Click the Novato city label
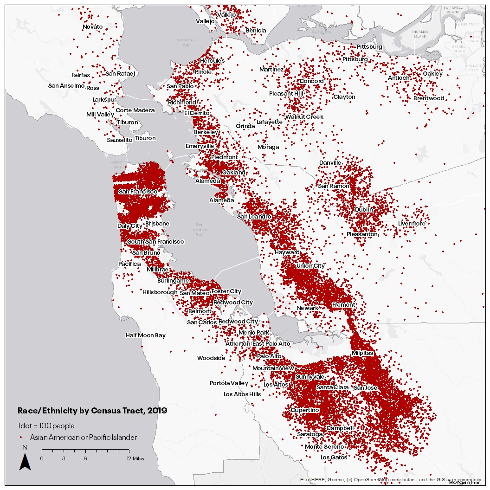click(92, 27)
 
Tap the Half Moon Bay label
click(145, 335)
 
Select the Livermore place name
click(412, 224)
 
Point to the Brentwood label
click(429, 98)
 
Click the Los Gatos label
click(334, 458)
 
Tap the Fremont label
click(343, 305)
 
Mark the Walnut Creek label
click(304, 117)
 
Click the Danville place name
click(330, 163)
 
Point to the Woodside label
click(211, 358)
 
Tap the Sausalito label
click(119, 140)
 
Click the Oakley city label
click(432, 74)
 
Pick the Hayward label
click(287, 252)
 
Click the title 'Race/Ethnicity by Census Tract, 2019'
click(92, 411)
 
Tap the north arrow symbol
click(25, 461)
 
